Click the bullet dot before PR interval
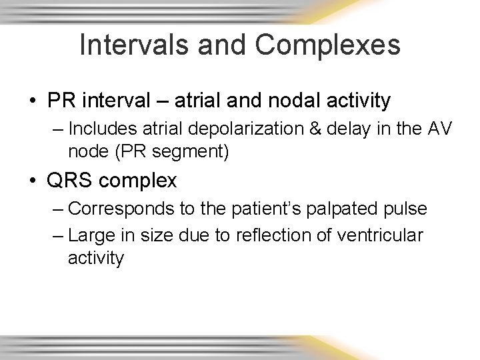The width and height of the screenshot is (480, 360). click(32, 101)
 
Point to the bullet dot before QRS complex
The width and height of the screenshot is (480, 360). click(32, 181)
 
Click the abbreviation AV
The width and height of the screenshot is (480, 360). click(439, 127)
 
